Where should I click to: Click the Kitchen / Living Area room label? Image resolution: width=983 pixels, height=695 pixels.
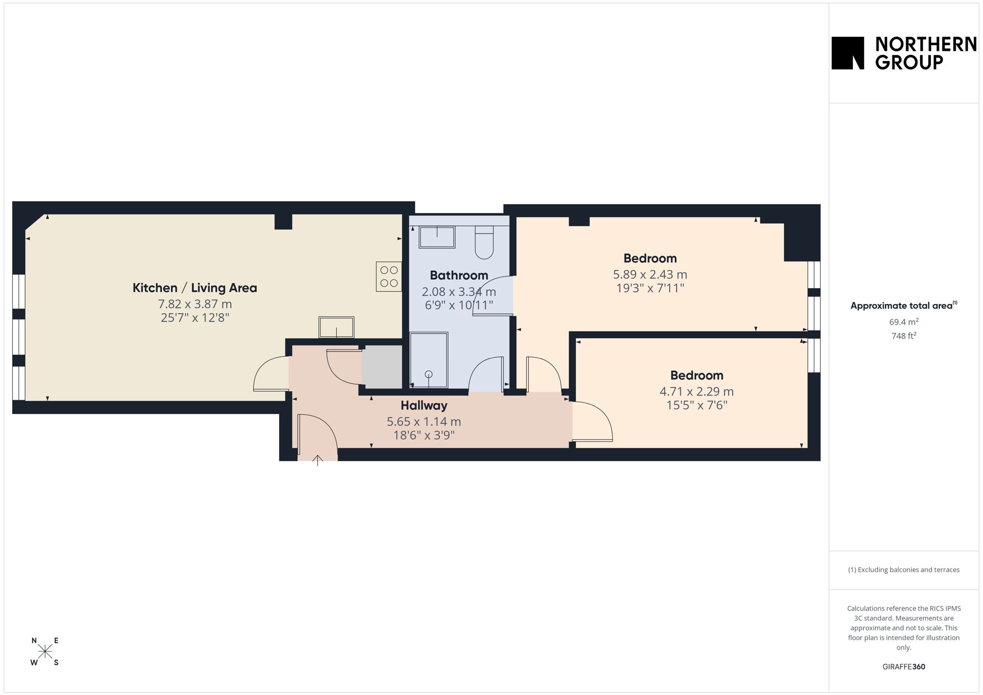click(195, 288)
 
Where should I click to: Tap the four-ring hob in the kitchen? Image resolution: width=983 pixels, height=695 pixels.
click(389, 276)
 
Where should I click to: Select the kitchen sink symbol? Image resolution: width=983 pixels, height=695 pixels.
click(336, 327)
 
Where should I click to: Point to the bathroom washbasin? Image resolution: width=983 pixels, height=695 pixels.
click(437, 237)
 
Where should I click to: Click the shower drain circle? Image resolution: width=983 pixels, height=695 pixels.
click(429, 374)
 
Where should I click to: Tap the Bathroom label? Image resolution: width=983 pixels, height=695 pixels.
click(459, 275)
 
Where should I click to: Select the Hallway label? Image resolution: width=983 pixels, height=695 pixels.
click(424, 405)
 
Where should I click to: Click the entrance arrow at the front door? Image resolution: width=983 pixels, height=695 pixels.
click(317, 460)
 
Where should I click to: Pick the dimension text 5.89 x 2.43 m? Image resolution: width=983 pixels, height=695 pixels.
click(650, 274)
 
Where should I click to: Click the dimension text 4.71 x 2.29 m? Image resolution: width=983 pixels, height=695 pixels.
click(696, 392)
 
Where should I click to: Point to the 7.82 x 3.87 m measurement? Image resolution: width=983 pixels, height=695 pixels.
click(195, 304)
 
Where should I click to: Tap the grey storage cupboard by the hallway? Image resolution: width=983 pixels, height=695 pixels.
click(382, 366)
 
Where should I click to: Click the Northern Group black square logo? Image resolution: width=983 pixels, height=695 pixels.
click(847, 53)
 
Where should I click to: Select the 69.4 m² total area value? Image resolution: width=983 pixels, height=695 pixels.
click(904, 322)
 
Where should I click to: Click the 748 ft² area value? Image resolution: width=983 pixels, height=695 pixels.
click(904, 336)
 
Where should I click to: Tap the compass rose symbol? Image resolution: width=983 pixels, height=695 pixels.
click(45, 651)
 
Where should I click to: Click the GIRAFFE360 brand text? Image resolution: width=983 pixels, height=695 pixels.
click(904, 666)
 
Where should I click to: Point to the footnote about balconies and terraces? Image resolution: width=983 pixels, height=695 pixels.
click(904, 570)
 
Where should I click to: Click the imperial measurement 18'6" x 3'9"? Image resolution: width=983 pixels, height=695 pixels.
click(424, 436)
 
